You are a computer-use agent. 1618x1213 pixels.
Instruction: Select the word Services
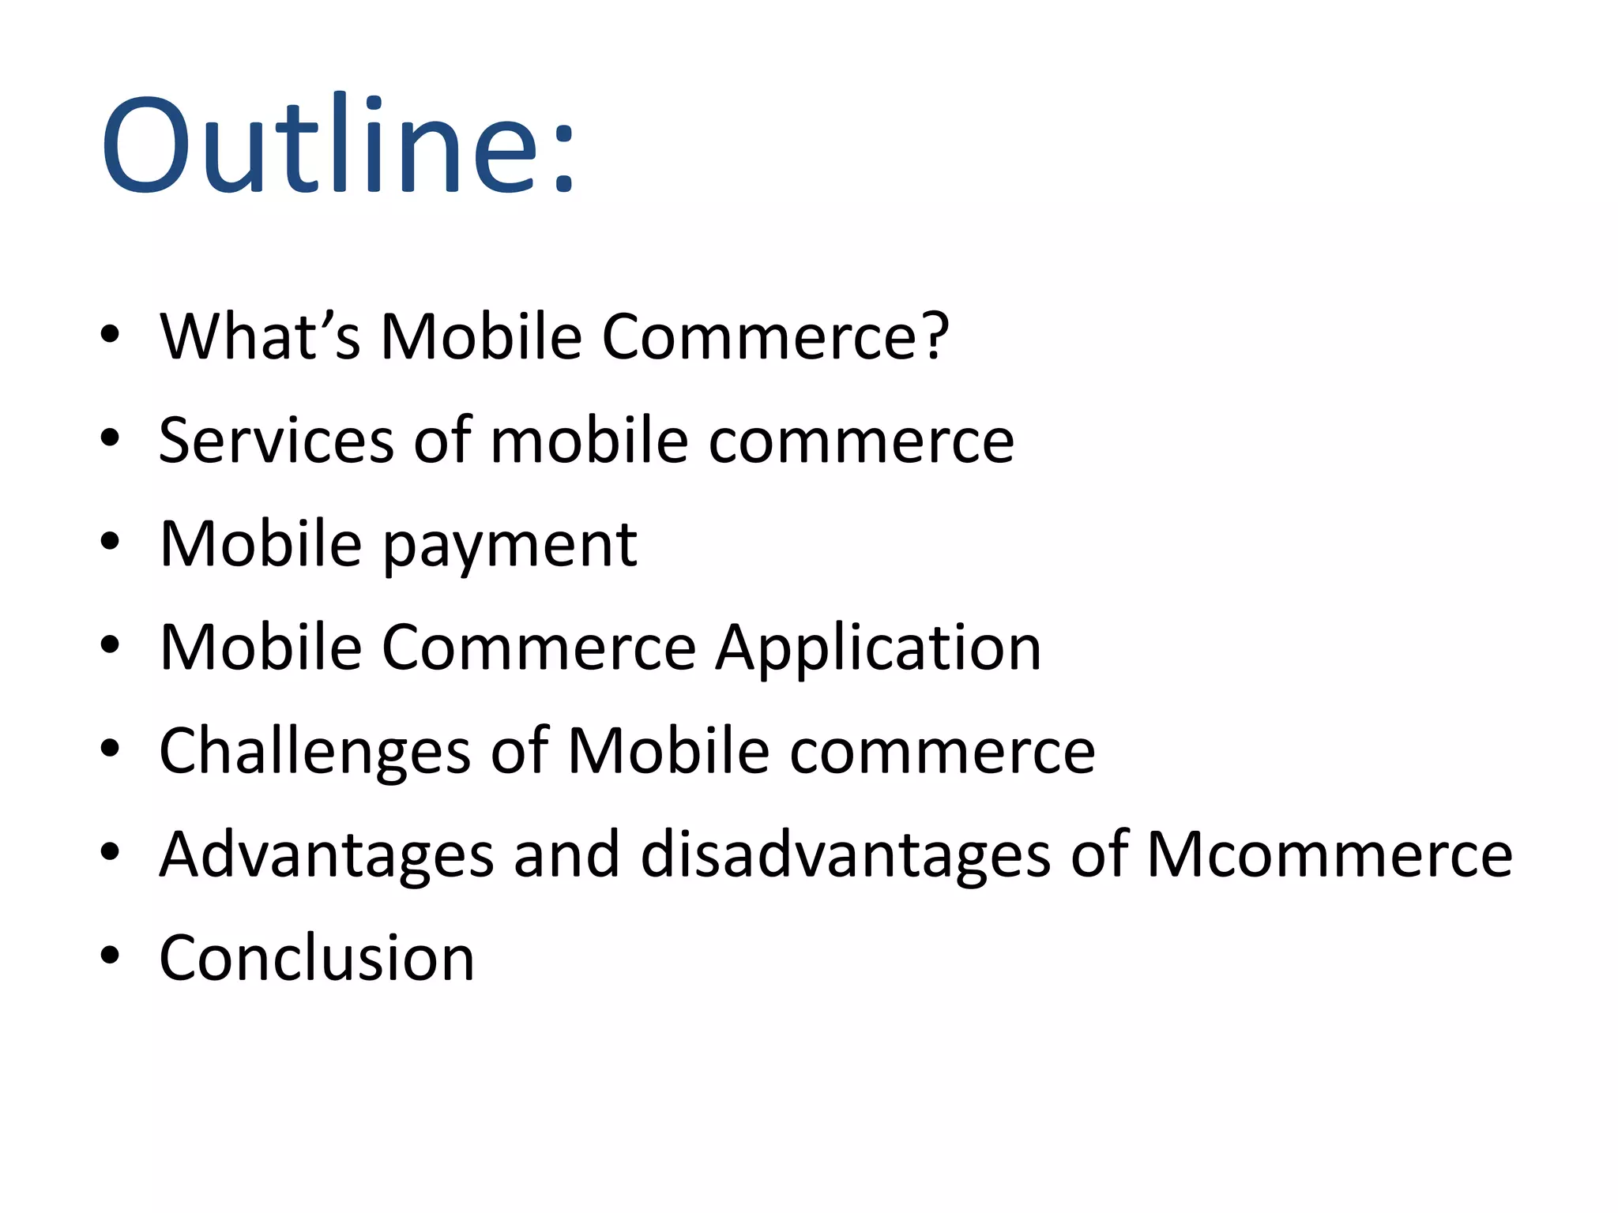(x=276, y=440)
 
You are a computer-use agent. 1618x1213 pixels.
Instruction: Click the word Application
(x=878, y=648)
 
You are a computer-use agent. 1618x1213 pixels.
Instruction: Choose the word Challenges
(x=314, y=751)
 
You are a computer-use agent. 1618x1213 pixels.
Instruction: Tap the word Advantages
(x=326, y=854)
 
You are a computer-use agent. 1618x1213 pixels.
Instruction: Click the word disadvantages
(x=845, y=854)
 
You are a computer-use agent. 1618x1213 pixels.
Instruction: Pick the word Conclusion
(x=317, y=958)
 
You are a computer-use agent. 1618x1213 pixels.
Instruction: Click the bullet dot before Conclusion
(x=110, y=956)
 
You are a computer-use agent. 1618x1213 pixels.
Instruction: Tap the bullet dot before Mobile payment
(x=110, y=542)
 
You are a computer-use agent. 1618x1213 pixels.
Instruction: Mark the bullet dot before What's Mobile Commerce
(x=110, y=335)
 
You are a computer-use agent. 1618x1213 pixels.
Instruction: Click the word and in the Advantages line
(x=566, y=854)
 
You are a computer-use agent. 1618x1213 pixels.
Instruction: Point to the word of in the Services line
(x=442, y=440)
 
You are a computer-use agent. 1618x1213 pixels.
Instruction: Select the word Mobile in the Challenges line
(x=668, y=751)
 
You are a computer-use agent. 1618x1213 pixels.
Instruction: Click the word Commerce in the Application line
(x=538, y=648)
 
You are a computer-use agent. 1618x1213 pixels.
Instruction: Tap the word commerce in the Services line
(x=861, y=441)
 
